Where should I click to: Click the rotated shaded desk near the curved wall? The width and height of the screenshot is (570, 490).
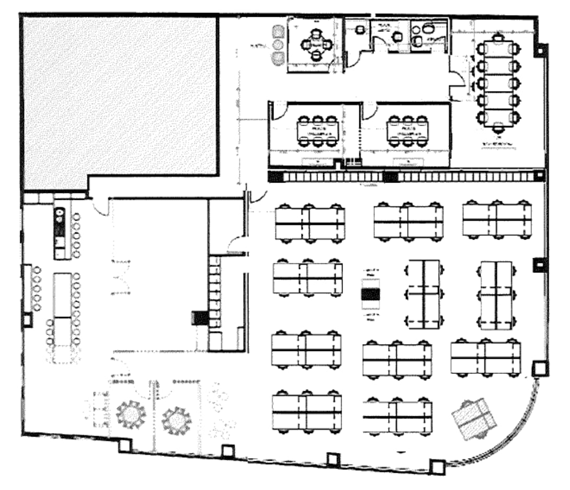(473, 418)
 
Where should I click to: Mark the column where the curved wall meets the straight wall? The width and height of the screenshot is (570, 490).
(539, 369)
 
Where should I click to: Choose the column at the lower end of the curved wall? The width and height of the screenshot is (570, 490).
(436, 466)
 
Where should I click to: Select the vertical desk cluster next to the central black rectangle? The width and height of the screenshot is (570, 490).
(424, 294)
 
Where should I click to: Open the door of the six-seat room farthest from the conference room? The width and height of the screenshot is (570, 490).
(281, 109)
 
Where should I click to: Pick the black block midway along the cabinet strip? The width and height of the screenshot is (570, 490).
(390, 177)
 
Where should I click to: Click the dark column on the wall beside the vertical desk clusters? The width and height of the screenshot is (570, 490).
(538, 265)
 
